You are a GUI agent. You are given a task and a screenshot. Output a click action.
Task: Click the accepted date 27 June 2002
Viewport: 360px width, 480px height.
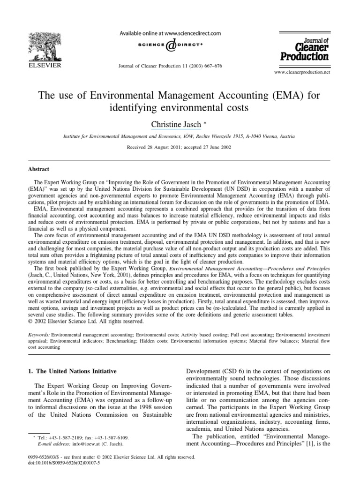tap(219, 147)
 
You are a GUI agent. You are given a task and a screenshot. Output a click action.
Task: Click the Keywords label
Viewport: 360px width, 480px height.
tap(38, 336)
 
